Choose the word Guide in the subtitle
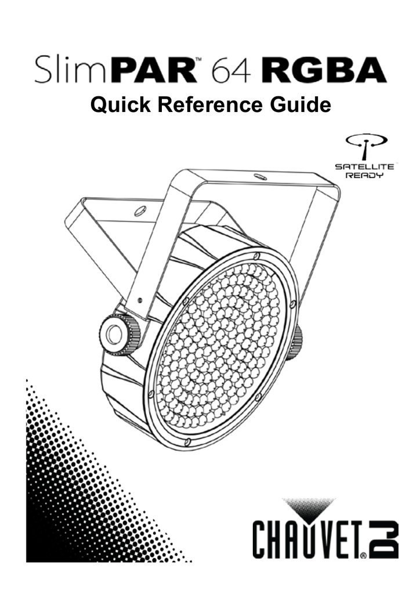click(x=300, y=105)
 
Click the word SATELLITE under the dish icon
click(x=364, y=166)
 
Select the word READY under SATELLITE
click(x=364, y=175)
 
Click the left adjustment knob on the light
click(x=119, y=334)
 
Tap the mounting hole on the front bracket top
click(x=259, y=176)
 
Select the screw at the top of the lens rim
click(x=258, y=255)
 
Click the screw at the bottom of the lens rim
click(x=187, y=441)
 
